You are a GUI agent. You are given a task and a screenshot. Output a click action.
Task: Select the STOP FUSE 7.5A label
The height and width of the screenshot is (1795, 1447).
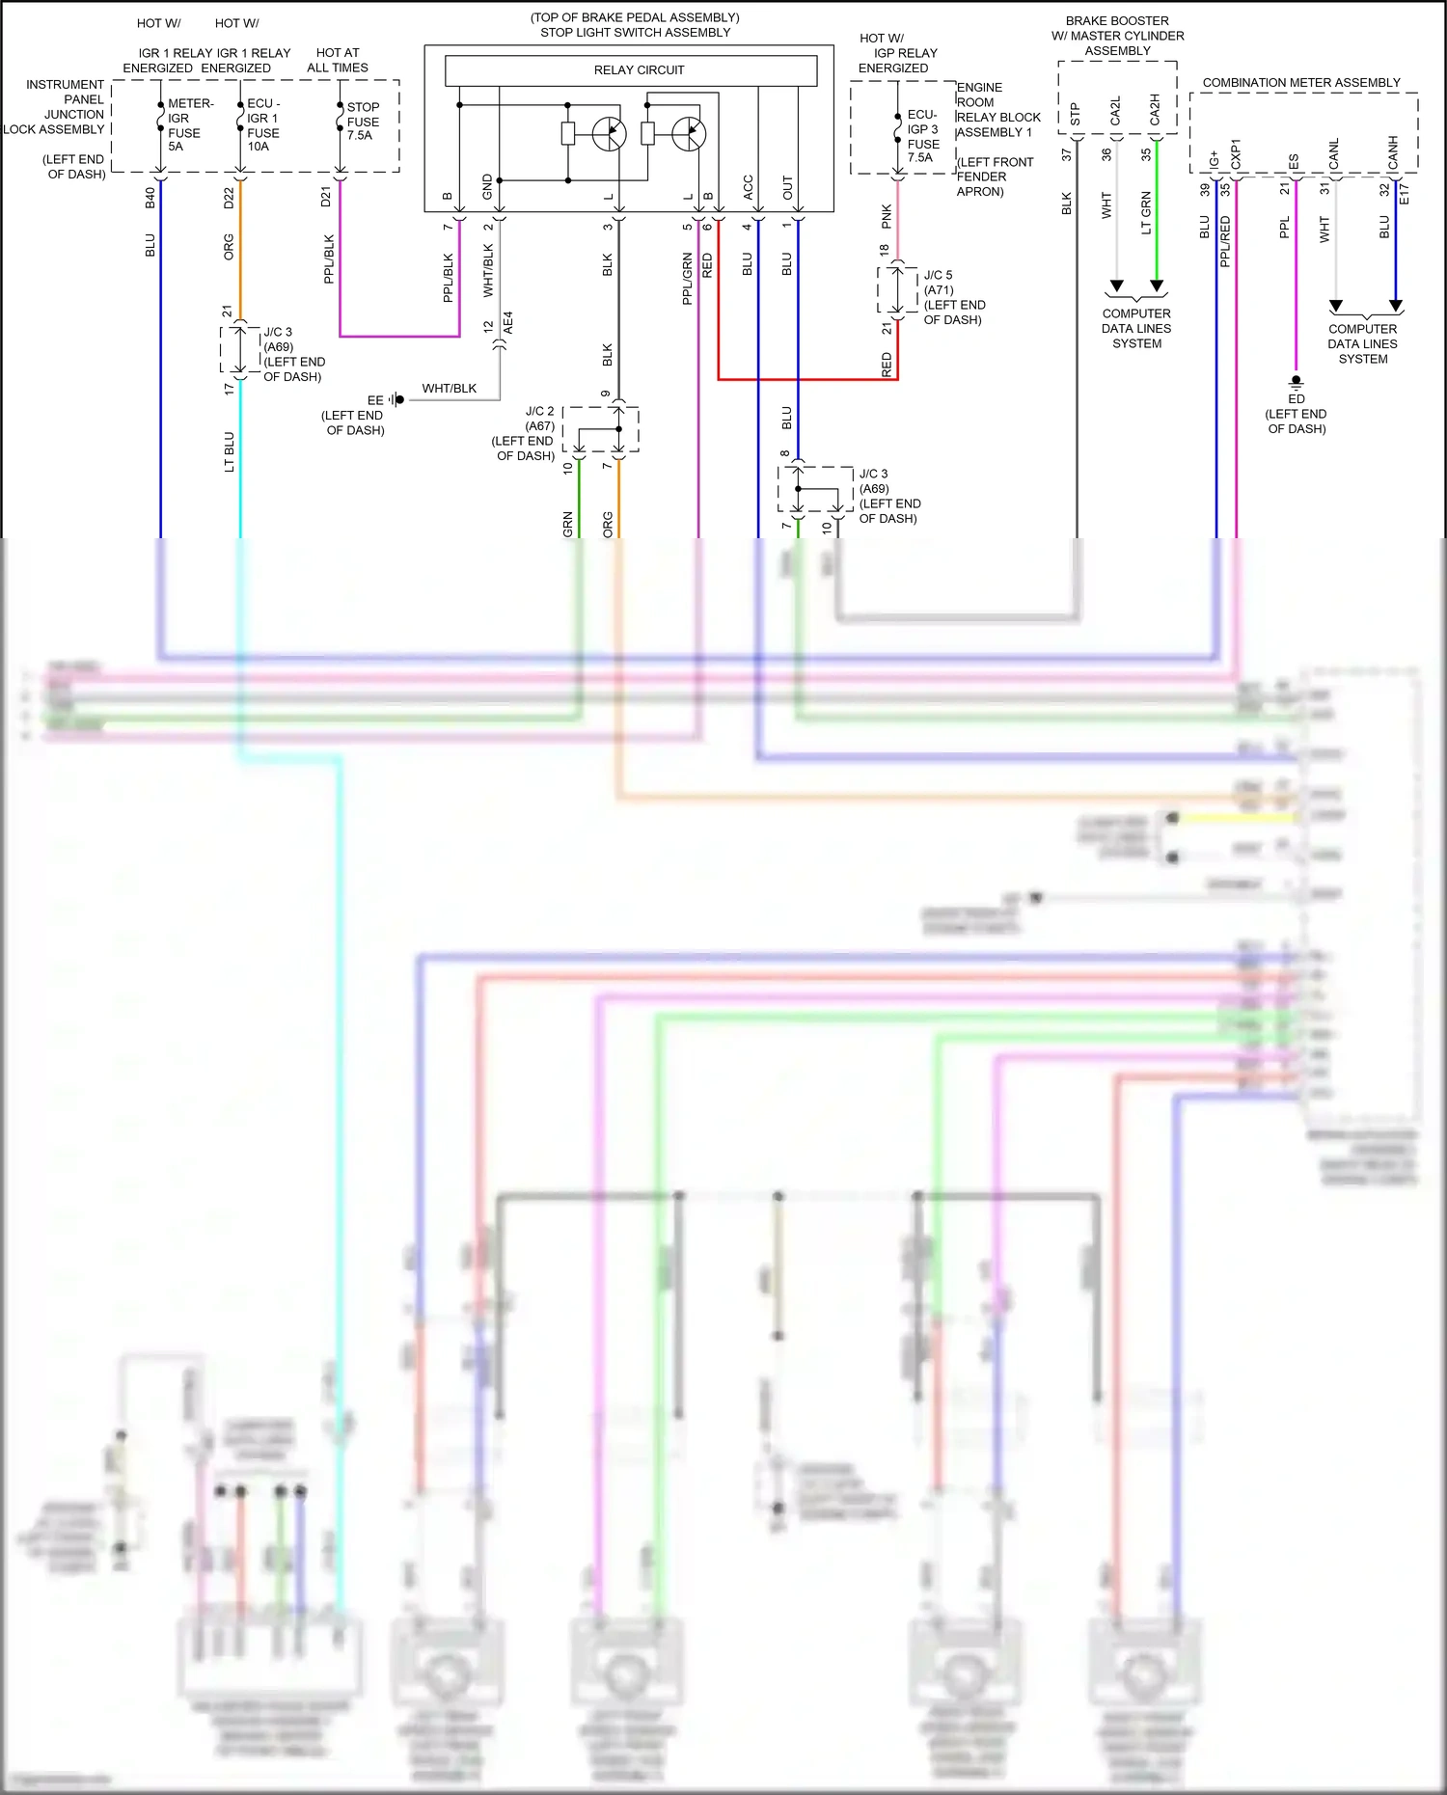pyautogui.click(x=363, y=122)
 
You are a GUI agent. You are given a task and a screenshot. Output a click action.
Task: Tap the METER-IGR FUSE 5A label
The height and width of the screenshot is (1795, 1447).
pyautogui.click(x=186, y=125)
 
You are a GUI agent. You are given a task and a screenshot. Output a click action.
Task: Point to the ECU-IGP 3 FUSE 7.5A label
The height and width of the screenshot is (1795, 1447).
pyautogui.click(x=922, y=136)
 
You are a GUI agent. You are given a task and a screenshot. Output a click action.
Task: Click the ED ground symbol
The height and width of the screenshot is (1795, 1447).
pyautogui.click(x=1296, y=382)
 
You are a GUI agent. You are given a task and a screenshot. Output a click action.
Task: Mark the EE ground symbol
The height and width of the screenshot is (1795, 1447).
pyautogui.click(x=397, y=399)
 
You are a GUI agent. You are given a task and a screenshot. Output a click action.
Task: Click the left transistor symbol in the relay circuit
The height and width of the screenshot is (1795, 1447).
pyautogui.click(x=609, y=134)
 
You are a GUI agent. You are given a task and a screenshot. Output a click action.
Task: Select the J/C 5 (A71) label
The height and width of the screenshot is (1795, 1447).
pyautogui.click(x=938, y=283)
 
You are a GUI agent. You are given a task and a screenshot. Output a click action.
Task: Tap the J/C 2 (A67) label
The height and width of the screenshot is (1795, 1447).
pyautogui.click(x=539, y=418)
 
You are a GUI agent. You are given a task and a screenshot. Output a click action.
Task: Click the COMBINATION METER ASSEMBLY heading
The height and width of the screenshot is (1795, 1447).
pyautogui.click(x=1300, y=83)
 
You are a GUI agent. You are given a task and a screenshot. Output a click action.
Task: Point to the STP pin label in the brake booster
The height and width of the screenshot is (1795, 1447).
pyautogui.click(x=1076, y=115)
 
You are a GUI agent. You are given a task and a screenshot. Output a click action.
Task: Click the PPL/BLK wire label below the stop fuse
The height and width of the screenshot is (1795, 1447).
pyautogui.click(x=329, y=258)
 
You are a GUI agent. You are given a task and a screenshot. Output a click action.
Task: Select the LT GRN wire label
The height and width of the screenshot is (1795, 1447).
pyautogui.click(x=1146, y=213)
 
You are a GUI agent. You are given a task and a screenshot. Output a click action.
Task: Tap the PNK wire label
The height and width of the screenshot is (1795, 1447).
pyautogui.click(x=887, y=217)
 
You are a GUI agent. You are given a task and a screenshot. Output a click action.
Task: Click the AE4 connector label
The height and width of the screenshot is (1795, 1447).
pyautogui.click(x=508, y=323)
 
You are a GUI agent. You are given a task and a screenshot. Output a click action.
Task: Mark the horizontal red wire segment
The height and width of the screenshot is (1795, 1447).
pyautogui.click(x=807, y=379)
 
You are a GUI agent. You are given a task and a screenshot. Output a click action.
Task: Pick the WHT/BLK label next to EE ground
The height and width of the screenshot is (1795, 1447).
pyautogui.click(x=449, y=389)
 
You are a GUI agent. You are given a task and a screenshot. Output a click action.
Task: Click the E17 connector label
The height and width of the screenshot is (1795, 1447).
pyautogui.click(x=1405, y=194)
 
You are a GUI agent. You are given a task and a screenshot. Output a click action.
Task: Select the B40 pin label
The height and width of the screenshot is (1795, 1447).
pyautogui.click(x=150, y=198)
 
